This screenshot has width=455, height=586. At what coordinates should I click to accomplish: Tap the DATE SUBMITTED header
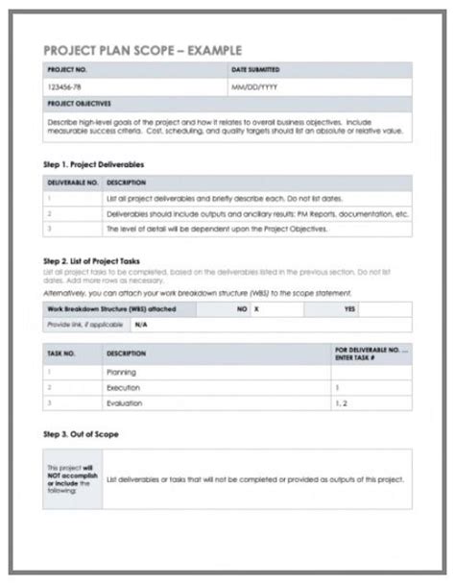(257, 71)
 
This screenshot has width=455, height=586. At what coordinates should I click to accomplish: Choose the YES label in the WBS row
(349, 310)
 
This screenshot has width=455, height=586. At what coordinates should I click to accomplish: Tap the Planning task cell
(124, 370)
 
